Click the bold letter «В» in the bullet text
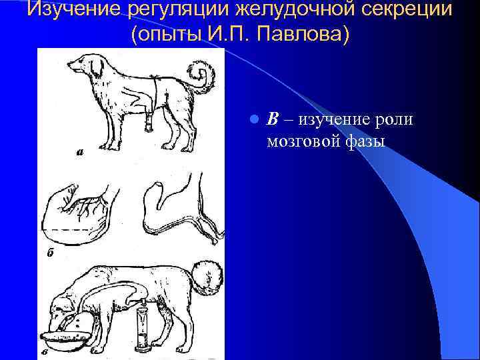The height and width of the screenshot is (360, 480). pyautogui.click(x=273, y=119)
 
